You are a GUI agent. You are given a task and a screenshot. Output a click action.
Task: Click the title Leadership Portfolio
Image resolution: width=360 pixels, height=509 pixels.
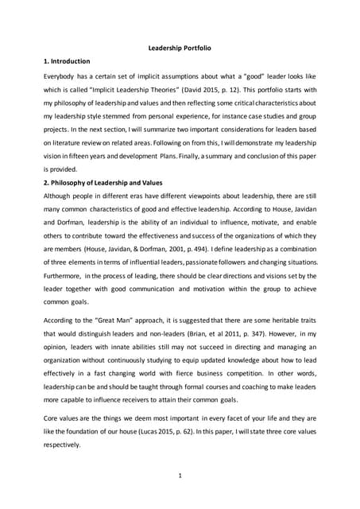tap(180, 48)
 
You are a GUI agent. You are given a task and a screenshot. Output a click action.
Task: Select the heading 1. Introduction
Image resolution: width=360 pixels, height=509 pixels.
tap(66, 61)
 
